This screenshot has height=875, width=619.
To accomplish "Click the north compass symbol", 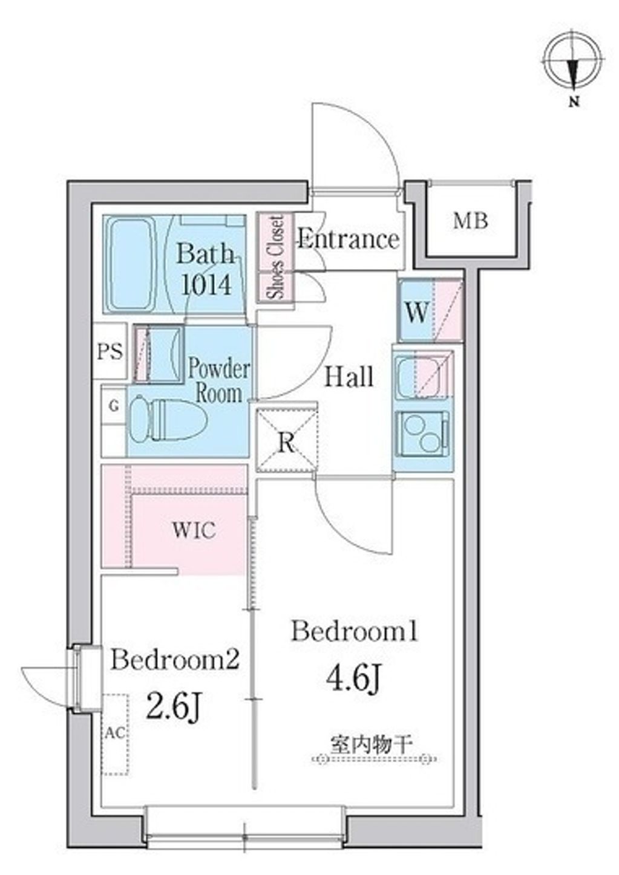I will (x=573, y=62).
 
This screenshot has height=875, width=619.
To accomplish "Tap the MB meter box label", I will (x=471, y=221).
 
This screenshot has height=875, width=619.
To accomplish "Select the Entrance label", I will (x=349, y=239).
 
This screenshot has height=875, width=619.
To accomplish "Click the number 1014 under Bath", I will (x=207, y=284).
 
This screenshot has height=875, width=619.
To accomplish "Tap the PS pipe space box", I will (x=110, y=351).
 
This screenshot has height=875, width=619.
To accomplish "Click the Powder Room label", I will (x=219, y=380).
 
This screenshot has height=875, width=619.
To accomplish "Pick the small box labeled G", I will (x=113, y=406).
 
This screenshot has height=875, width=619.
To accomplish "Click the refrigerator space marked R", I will (x=286, y=441).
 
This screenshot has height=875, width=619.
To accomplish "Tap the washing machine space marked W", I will (x=417, y=313).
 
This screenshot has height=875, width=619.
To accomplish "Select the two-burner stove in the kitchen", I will (x=422, y=432).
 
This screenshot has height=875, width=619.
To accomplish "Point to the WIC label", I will (x=194, y=530).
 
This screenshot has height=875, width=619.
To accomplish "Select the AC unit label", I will (x=115, y=733).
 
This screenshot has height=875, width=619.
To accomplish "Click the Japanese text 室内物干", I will (x=372, y=742).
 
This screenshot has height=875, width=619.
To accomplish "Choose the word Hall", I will (x=349, y=377).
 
